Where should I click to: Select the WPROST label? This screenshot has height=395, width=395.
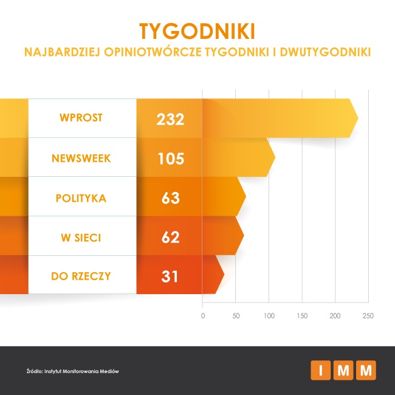coord(81,118)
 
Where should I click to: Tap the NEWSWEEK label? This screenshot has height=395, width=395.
coord(81,158)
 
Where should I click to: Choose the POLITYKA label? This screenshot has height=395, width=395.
coord(81,198)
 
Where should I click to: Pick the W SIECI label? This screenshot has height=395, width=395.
coord(81,237)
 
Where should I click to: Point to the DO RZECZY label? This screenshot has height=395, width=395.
coord(81,276)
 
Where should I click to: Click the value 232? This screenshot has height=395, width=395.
coord(170,119)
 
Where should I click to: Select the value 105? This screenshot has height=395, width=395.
coord(170,159)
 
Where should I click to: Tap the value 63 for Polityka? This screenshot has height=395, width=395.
coord(170,198)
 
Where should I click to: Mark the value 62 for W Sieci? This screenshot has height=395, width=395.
coord(170,237)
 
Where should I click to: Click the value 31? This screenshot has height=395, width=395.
coord(170,276)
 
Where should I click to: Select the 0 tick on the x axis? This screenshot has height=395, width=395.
coord(203,316)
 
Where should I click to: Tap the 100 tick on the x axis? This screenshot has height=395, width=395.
coord(269,316)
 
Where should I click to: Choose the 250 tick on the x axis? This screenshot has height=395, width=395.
coord(367,316)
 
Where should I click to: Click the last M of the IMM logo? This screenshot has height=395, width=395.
coord(366,369)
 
